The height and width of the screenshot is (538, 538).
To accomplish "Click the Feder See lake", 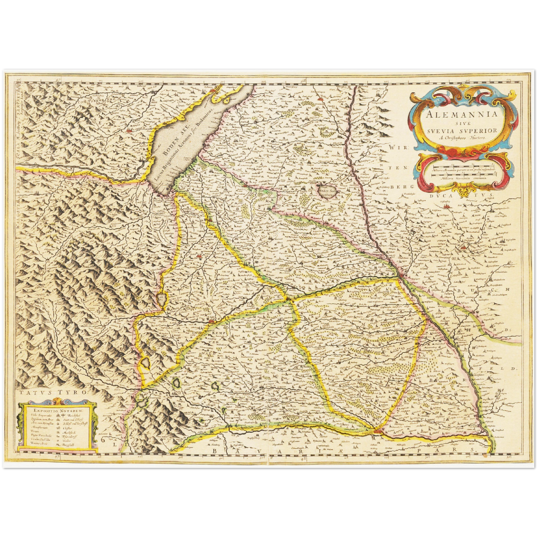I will (x=327, y=191).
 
